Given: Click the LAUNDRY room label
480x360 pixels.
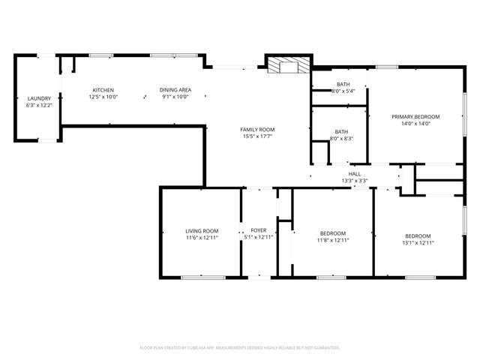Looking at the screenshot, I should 39,98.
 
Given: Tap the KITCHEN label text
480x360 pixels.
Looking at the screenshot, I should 103,90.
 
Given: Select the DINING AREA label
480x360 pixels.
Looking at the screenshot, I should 175,90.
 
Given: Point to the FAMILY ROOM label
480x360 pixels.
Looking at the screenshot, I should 257,130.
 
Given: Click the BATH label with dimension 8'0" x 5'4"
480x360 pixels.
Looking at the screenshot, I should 343,84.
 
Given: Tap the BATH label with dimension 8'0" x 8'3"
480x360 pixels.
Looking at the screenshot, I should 341,132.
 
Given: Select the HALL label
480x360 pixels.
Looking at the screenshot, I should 355,174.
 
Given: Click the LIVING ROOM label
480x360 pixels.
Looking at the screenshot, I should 202,231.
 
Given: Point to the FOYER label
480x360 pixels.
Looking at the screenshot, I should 258,231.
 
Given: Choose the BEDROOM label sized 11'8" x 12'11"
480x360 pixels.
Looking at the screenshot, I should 332,233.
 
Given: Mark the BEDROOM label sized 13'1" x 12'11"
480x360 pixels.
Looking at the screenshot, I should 418,235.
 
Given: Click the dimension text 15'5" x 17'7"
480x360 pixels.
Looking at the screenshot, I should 257,136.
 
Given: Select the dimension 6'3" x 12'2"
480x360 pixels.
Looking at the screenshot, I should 39,105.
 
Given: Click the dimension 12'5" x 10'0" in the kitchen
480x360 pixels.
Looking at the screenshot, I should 103,97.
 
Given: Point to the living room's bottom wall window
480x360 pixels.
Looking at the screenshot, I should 202,277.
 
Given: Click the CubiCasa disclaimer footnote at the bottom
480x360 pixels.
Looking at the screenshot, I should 240,348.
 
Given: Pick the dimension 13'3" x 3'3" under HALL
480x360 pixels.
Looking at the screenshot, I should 355,181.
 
